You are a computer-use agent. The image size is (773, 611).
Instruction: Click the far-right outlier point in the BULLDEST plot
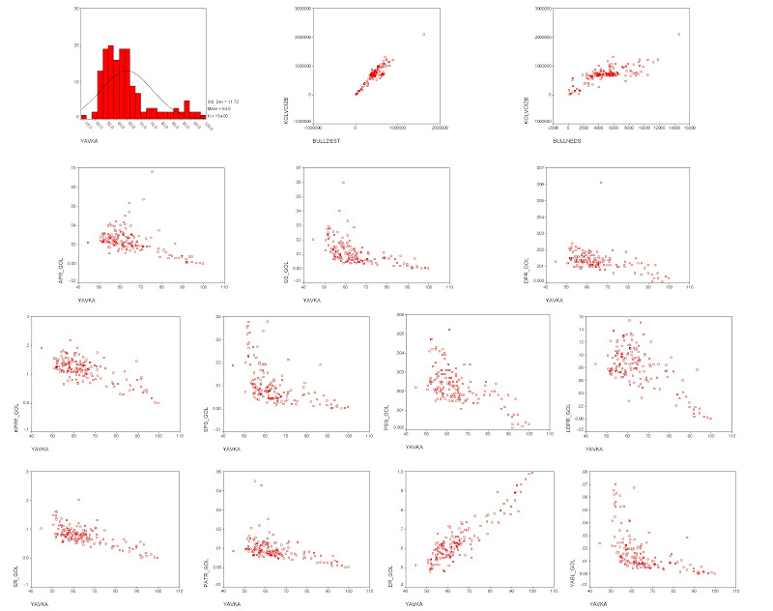coord(423,34)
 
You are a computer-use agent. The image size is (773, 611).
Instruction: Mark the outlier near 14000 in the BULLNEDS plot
coord(678,34)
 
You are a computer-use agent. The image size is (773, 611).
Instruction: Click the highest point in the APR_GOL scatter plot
coord(151,171)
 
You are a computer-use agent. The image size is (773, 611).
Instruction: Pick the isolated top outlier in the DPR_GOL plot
coord(600,183)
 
